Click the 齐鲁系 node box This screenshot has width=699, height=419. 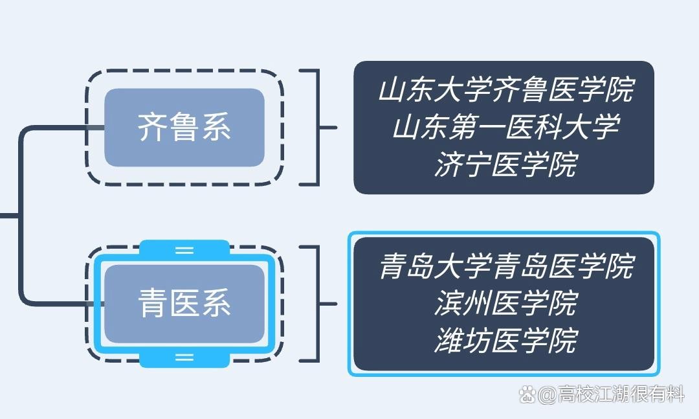pos(184,128)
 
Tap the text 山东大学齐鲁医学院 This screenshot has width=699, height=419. pos(505,90)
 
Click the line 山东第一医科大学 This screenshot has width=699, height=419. pos(505,127)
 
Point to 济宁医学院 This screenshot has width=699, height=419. pos(505,164)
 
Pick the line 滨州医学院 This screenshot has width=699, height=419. pos(505,303)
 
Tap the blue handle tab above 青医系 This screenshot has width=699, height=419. pos(184,249)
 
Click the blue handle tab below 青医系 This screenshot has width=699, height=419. pos(184,357)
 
